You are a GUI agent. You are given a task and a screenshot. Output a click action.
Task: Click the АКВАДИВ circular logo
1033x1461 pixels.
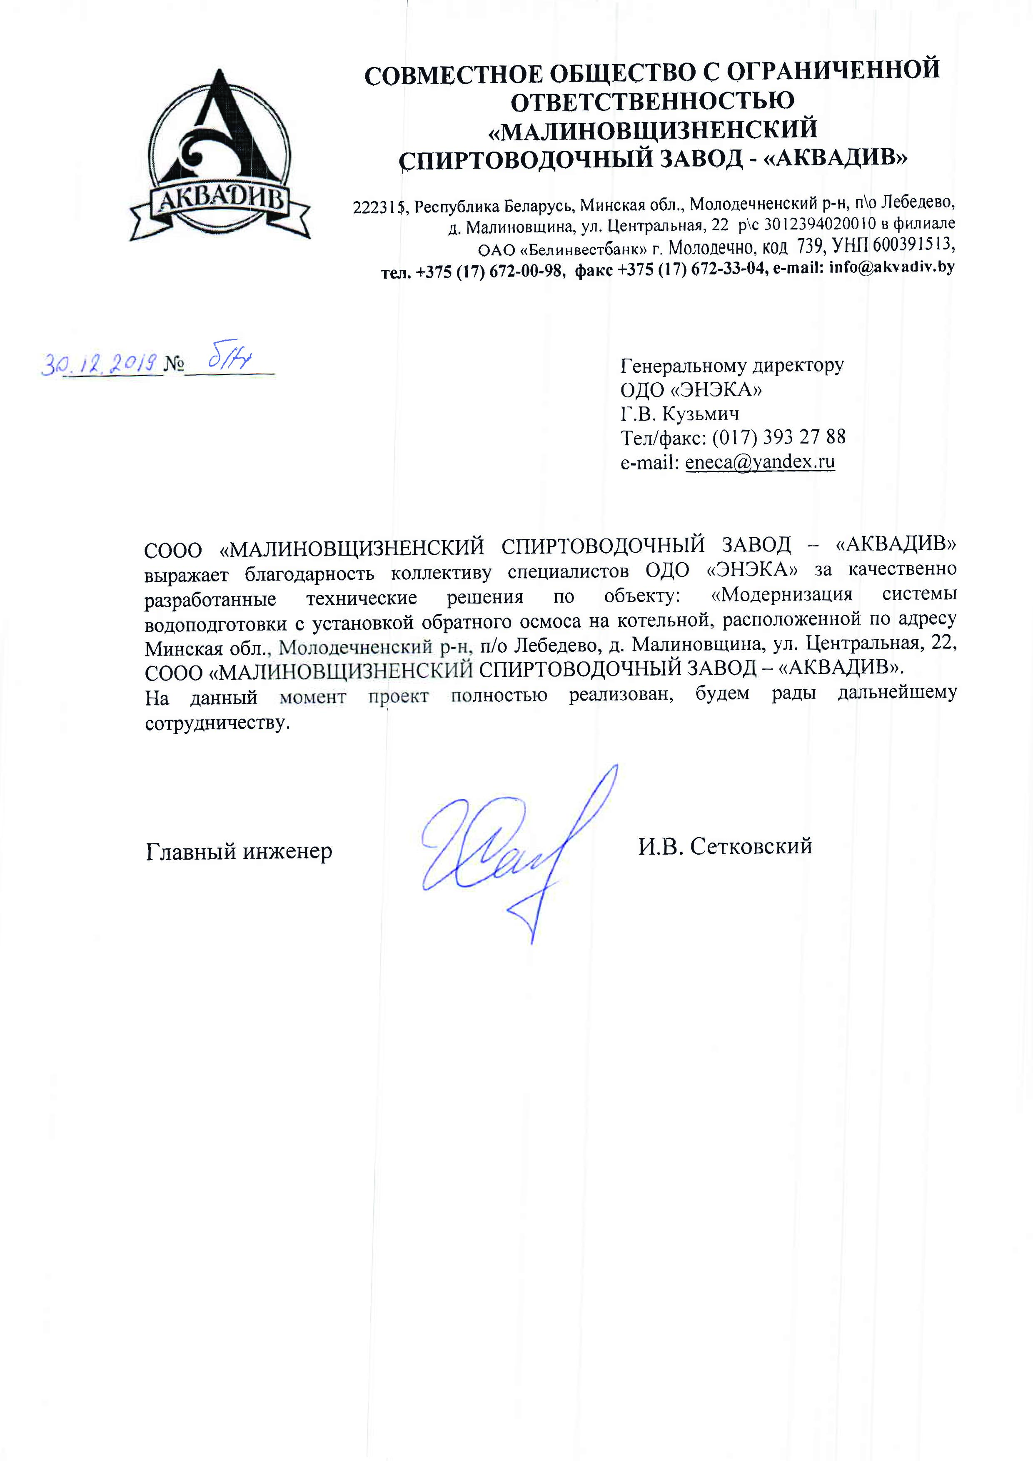click(x=220, y=155)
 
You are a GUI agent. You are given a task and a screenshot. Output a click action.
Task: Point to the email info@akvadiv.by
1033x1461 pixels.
click(x=891, y=267)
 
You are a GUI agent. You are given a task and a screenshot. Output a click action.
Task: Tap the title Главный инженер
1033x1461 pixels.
click(x=239, y=851)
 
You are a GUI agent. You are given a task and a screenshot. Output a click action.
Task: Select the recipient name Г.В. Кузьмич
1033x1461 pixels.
click(x=680, y=414)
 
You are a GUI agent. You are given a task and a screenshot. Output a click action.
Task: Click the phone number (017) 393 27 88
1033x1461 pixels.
click(x=778, y=438)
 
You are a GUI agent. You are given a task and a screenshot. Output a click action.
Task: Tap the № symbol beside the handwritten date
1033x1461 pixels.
click(x=174, y=364)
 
